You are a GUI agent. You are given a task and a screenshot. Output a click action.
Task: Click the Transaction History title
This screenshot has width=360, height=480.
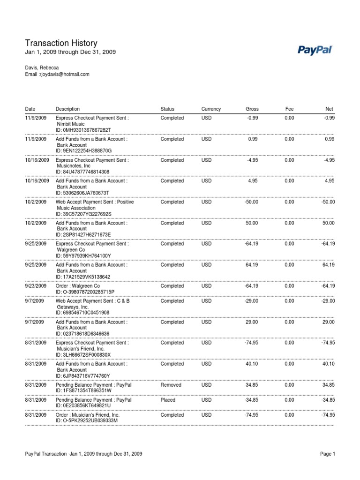pos(61,43)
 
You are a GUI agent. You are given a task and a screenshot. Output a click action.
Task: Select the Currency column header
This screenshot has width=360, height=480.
pos(211,109)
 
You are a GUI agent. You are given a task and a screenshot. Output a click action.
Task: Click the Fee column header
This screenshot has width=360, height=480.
pos(290,109)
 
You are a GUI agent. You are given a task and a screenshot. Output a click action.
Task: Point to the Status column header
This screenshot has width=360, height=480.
pos(167,109)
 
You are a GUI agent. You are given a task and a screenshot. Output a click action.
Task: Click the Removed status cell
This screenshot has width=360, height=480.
pos(170,385)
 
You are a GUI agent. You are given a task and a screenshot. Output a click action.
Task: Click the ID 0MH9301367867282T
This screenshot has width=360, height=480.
pos(83,130)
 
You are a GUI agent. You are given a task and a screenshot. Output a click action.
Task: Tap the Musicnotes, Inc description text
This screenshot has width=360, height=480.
pos(74,166)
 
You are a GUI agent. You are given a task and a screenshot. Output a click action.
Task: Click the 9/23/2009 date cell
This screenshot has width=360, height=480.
pos(36,286)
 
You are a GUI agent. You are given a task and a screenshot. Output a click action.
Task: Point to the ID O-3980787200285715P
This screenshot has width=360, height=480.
pos(85,292)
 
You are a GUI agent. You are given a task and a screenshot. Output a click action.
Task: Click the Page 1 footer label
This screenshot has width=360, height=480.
pos(328,454)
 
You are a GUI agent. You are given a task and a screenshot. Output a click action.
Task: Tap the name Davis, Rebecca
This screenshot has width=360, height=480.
pos(42,67)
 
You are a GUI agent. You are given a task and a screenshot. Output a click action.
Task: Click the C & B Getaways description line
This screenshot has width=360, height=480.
pos(92,301)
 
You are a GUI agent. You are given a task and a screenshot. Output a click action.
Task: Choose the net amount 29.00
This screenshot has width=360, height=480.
pos(328,322)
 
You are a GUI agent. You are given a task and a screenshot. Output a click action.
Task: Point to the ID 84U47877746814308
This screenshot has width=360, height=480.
pos(82,172)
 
